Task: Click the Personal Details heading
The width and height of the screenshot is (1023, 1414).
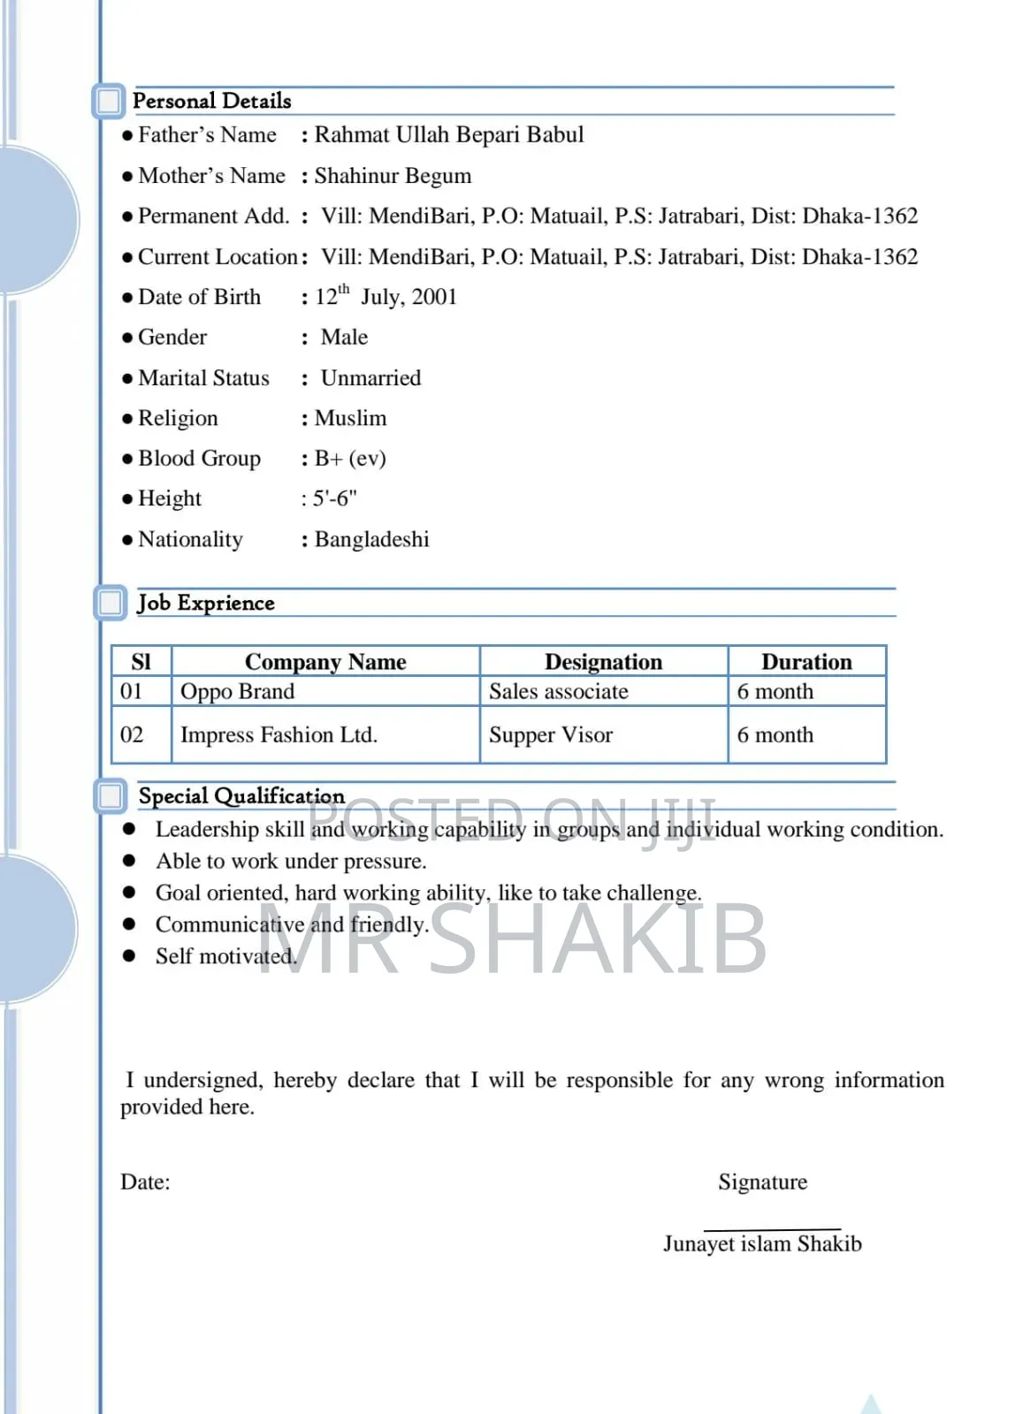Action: coord(211,101)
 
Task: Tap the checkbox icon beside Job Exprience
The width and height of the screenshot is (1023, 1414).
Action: coord(111,603)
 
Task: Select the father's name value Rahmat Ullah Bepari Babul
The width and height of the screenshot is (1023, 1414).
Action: coord(448,135)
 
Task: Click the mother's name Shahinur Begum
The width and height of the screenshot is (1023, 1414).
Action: coord(393,176)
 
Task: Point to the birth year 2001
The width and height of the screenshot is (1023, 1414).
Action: coord(434,297)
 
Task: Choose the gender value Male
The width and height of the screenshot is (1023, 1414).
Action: coord(344,338)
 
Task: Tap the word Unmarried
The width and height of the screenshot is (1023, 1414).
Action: coord(370,378)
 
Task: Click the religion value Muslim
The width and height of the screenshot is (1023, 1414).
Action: coord(350,418)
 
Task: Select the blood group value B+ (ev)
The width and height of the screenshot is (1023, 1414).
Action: coord(350,459)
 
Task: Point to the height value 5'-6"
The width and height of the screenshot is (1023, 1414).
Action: coord(334,498)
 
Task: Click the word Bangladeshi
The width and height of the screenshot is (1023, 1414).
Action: coord(371,539)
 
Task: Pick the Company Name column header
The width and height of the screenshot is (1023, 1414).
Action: coord(325,662)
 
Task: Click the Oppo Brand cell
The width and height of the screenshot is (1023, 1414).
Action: coord(237,691)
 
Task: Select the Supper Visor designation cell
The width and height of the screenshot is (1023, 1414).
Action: coord(550,735)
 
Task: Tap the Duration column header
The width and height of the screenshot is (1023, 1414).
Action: coord(806,662)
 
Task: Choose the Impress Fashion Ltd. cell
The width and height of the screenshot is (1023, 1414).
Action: coord(279,735)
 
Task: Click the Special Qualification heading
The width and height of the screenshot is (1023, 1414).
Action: coord(241,796)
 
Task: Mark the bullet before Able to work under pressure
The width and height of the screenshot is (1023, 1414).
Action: coord(129,861)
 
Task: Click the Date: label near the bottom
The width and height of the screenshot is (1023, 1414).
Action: coord(145,1182)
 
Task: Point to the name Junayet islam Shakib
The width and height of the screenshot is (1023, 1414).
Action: coord(762,1244)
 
